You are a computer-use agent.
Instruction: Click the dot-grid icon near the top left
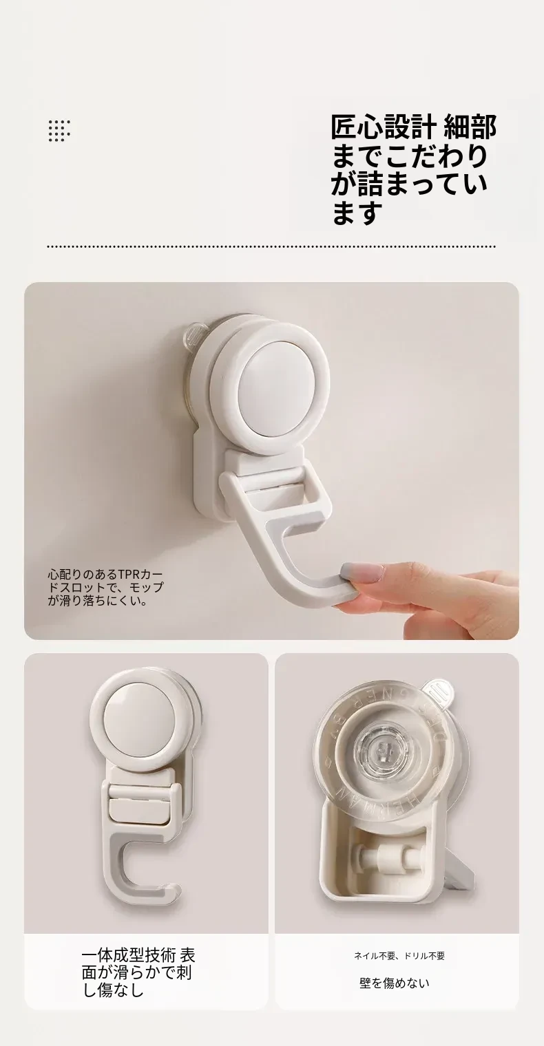[x=59, y=131]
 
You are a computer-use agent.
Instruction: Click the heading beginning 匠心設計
[x=413, y=169]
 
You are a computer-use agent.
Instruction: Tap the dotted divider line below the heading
[x=271, y=246]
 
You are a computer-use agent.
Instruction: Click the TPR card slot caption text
[x=105, y=587]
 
